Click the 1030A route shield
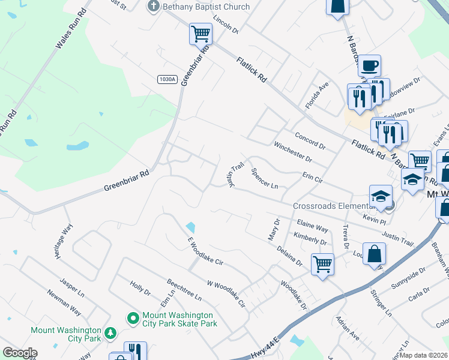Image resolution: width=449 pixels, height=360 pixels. pos(167,79)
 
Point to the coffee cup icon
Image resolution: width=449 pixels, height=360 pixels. pos(370,64)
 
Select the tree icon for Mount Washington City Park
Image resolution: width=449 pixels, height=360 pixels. pos(110,333)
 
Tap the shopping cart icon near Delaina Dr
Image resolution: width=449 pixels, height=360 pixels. pos(322,263)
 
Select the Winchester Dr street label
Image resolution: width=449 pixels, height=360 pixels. pos(292,152)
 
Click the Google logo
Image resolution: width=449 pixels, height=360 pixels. pos(20,353)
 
